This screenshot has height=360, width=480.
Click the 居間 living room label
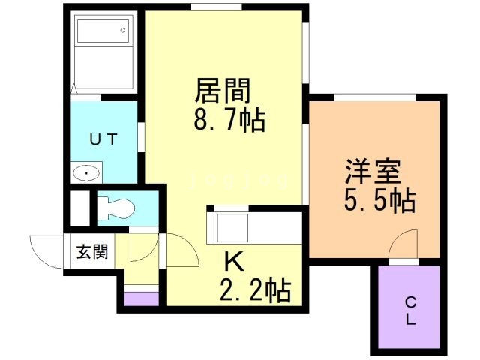(223, 90)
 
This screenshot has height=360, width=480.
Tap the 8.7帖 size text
(229, 120)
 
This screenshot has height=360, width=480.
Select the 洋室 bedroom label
(373, 172)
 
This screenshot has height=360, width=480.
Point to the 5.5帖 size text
(380, 201)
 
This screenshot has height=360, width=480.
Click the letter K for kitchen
(234, 261)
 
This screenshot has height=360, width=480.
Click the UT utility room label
(103, 139)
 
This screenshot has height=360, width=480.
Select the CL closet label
(410, 312)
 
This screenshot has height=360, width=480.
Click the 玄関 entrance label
(92, 252)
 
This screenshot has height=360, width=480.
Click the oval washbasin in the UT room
(86, 173)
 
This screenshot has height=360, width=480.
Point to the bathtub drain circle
(123, 30)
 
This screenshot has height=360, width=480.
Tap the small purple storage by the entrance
(141, 298)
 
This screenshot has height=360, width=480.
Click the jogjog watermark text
(239, 181)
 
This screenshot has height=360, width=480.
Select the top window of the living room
(216, 7)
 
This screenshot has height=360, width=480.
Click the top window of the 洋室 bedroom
(375, 97)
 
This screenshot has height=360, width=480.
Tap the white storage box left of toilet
(80, 208)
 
